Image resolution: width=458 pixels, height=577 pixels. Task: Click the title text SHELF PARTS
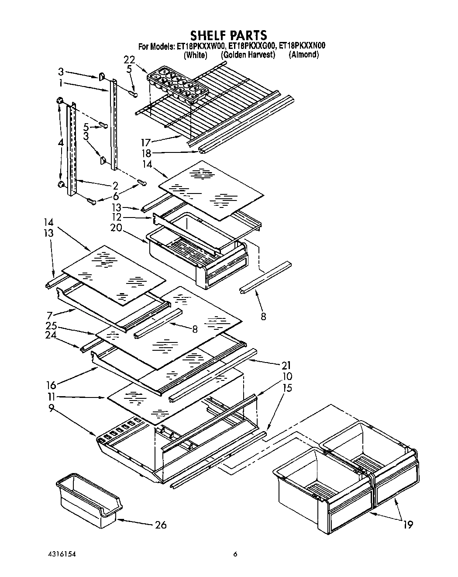pos(228,35)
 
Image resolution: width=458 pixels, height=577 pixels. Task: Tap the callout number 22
pos(130,60)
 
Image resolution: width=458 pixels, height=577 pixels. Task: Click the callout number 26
pos(161,525)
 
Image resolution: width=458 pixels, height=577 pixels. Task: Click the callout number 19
pos(407,525)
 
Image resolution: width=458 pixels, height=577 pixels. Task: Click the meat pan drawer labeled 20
pos(196,258)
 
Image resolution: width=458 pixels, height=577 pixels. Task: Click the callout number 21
pos(286,365)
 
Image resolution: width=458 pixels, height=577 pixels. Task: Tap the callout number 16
pos(51,385)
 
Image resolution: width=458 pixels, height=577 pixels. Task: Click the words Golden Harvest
pos(248,55)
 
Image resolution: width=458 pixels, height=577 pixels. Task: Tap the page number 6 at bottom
pos(235,554)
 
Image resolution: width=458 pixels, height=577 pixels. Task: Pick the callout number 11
pos(52,397)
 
